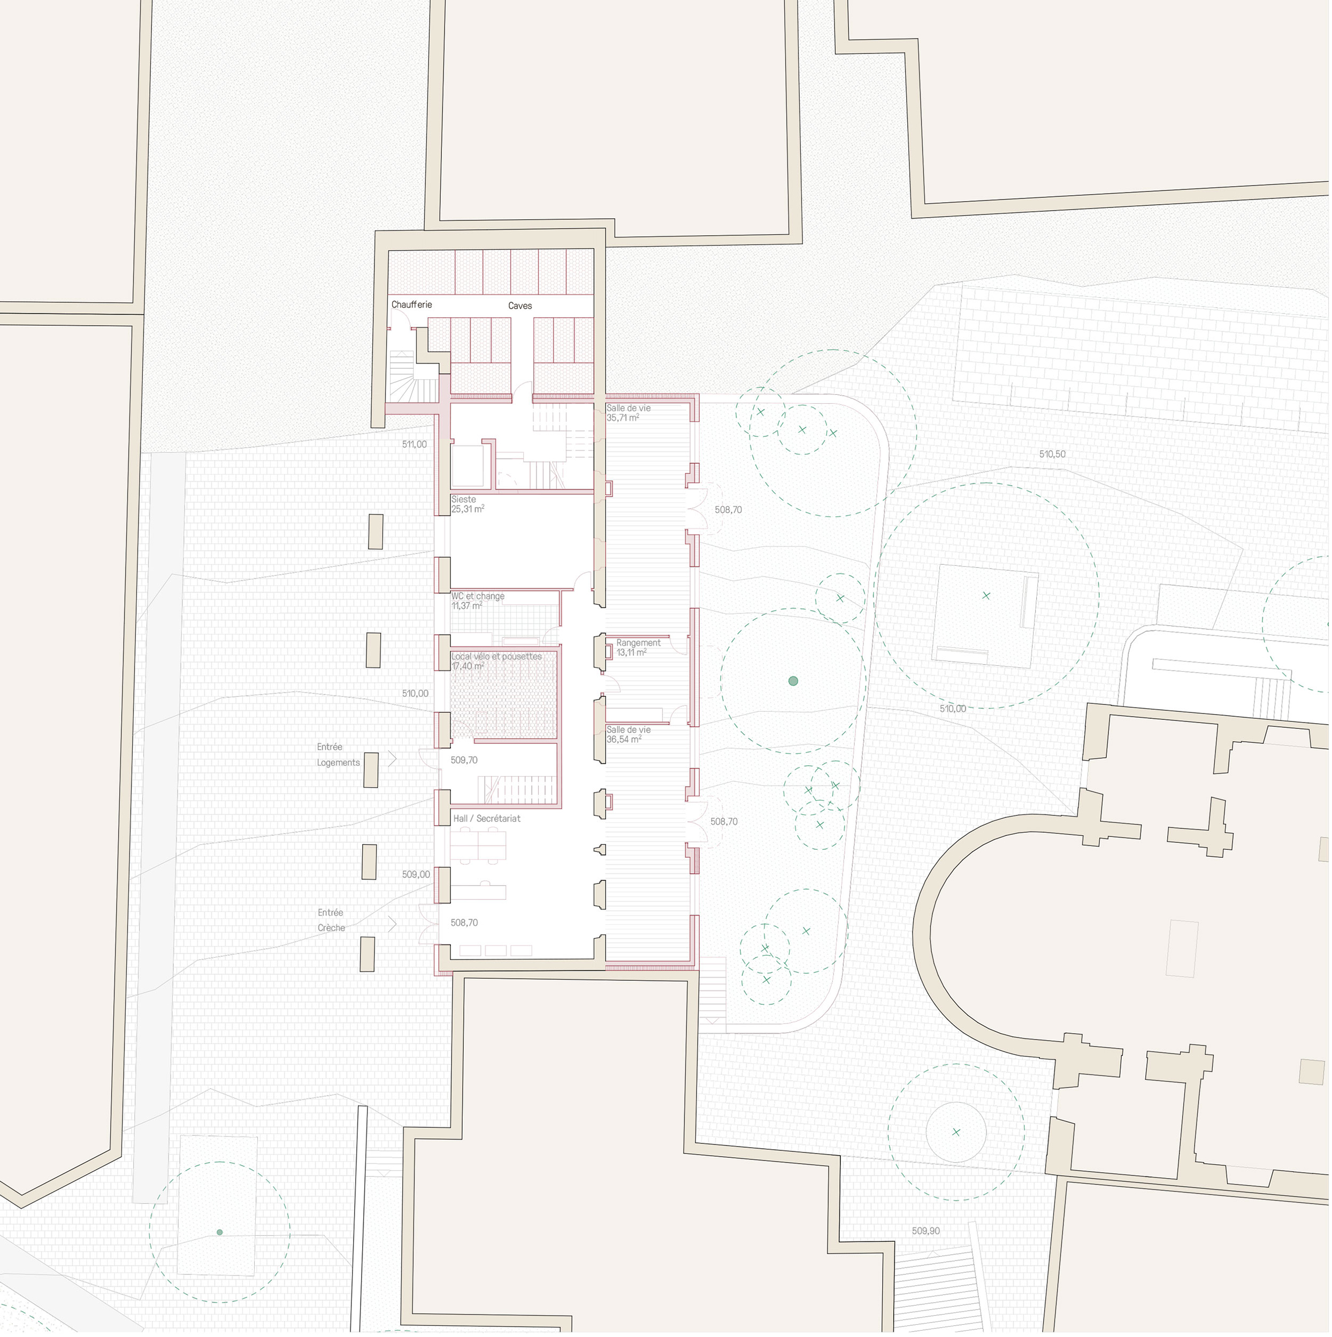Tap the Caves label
point(520,306)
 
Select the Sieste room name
point(464,500)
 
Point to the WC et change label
point(478,596)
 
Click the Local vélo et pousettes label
point(497,657)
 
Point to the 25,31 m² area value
point(468,509)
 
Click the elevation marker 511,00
point(415,445)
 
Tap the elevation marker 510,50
point(1053,455)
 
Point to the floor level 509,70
point(464,760)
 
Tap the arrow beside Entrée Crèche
point(392,924)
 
